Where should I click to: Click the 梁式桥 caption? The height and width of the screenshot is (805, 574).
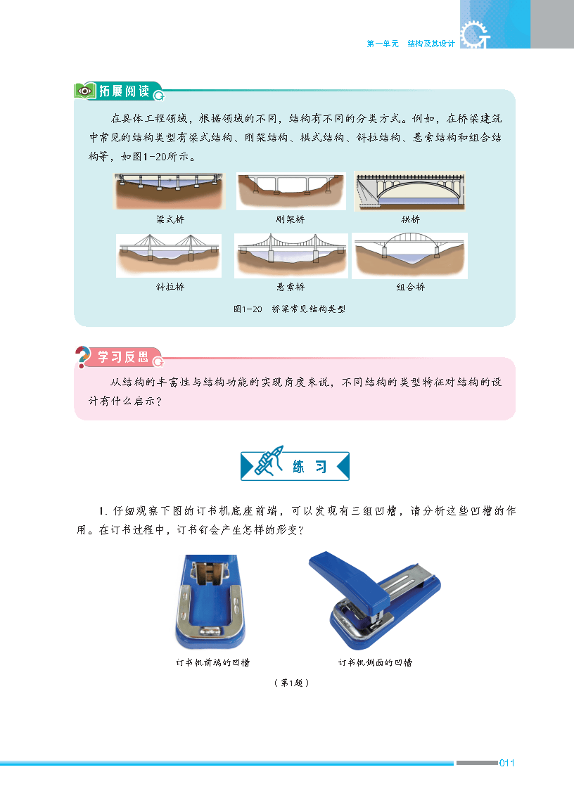[x=170, y=219]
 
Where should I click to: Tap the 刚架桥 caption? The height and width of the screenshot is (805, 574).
[x=291, y=219]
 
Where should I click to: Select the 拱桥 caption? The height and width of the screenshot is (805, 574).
[x=410, y=219]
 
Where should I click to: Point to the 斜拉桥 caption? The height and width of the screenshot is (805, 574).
[x=170, y=287]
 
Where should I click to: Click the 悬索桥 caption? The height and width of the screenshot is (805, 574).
[x=291, y=287]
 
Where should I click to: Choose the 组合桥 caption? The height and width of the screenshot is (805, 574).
[x=411, y=287]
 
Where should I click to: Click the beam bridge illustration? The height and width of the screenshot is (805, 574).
[x=169, y=191]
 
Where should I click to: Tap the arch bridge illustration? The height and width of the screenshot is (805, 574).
[x=409, y=191]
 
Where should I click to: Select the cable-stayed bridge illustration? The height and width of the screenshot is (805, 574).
[x=169, y=256]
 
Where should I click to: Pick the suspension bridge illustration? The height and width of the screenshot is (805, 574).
[x=291, y=256]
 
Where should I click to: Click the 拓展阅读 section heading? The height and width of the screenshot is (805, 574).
[x=125, y=91]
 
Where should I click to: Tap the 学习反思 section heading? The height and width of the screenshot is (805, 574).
[x=123, y=357]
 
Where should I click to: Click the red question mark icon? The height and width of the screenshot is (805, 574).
[x=82, y=357]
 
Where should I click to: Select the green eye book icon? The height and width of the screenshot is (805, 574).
[x=85, y=91]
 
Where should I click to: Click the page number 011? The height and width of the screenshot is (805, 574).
[x=506, y=763]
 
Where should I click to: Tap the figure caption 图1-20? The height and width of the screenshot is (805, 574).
[x=248, y=309]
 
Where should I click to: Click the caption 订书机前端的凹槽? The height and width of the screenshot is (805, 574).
[x=212, y=663]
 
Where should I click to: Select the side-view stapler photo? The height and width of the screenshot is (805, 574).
[x=375, y=600]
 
